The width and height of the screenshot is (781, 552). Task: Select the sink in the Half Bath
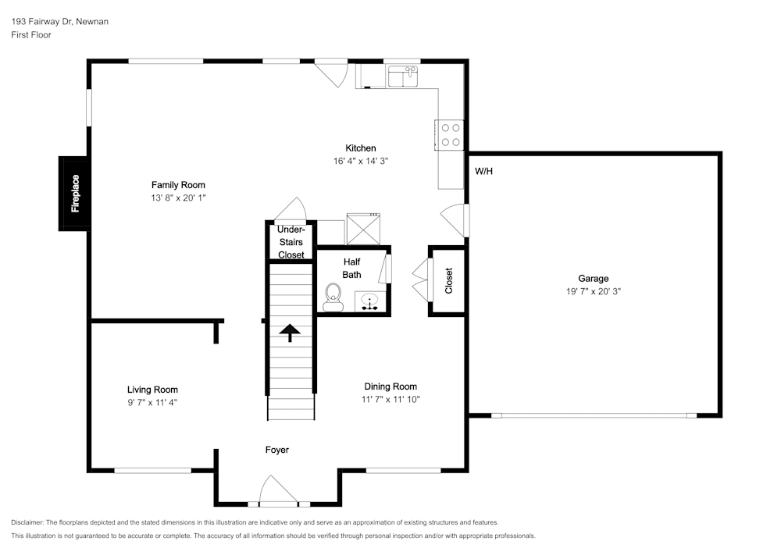pyautogui.click(x=369, y=301)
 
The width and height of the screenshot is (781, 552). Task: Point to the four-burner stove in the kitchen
pyautogui.click(x=451, y=134)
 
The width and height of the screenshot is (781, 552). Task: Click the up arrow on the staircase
pyautogui.click(x=291, y=333)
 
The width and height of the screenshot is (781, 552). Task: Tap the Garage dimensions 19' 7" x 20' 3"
pyautogui.click(x=593, y=291)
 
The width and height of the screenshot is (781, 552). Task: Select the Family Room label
pyautogui.click(x=178, y=185)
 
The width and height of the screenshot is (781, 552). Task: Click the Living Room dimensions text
pyautogui.click(x=153, y=403)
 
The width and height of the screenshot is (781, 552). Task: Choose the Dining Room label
pyautogui.click(x=390, y=386)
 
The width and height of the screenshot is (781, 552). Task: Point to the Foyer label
pyautogui.click(x=277, y=450)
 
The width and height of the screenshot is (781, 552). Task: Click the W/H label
pyautogui.click(x=484, y=171)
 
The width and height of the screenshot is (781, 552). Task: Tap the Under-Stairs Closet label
pyautogui.click(x=291, y=242)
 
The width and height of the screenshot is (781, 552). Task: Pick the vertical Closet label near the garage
pyautogui.click(x=449, y=281)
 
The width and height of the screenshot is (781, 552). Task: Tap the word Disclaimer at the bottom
pyautogui.click(x=27, y=522)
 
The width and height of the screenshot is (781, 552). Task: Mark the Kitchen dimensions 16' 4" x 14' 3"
pyautogui.click(x=361, y=161)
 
